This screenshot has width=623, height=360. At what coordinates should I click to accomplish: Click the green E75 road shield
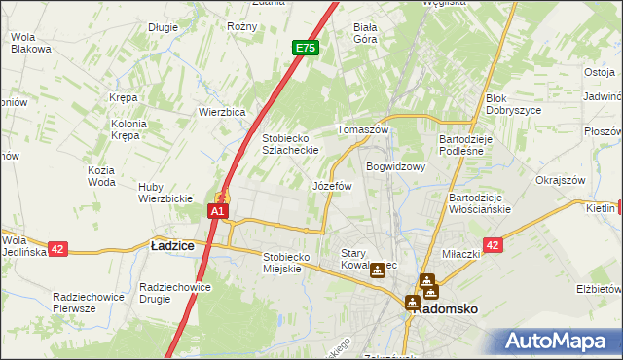tap(305, 47)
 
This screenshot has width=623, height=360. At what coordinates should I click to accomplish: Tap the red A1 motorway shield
tap(218, 210)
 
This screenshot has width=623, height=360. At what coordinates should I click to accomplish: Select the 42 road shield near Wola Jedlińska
tap(57, 249)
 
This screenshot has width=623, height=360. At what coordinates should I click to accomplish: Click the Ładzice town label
tap(172, 246)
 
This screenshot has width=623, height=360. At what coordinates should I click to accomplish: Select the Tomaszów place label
tap(362, 129)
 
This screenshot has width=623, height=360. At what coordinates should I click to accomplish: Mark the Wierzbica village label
tap(222, 111)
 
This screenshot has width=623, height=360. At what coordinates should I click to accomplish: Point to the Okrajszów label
tap(560, 180)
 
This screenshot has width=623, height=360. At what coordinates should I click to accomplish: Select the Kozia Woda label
tap(101, 176)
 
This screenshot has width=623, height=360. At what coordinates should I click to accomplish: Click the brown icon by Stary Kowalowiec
tap(378, 271)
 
